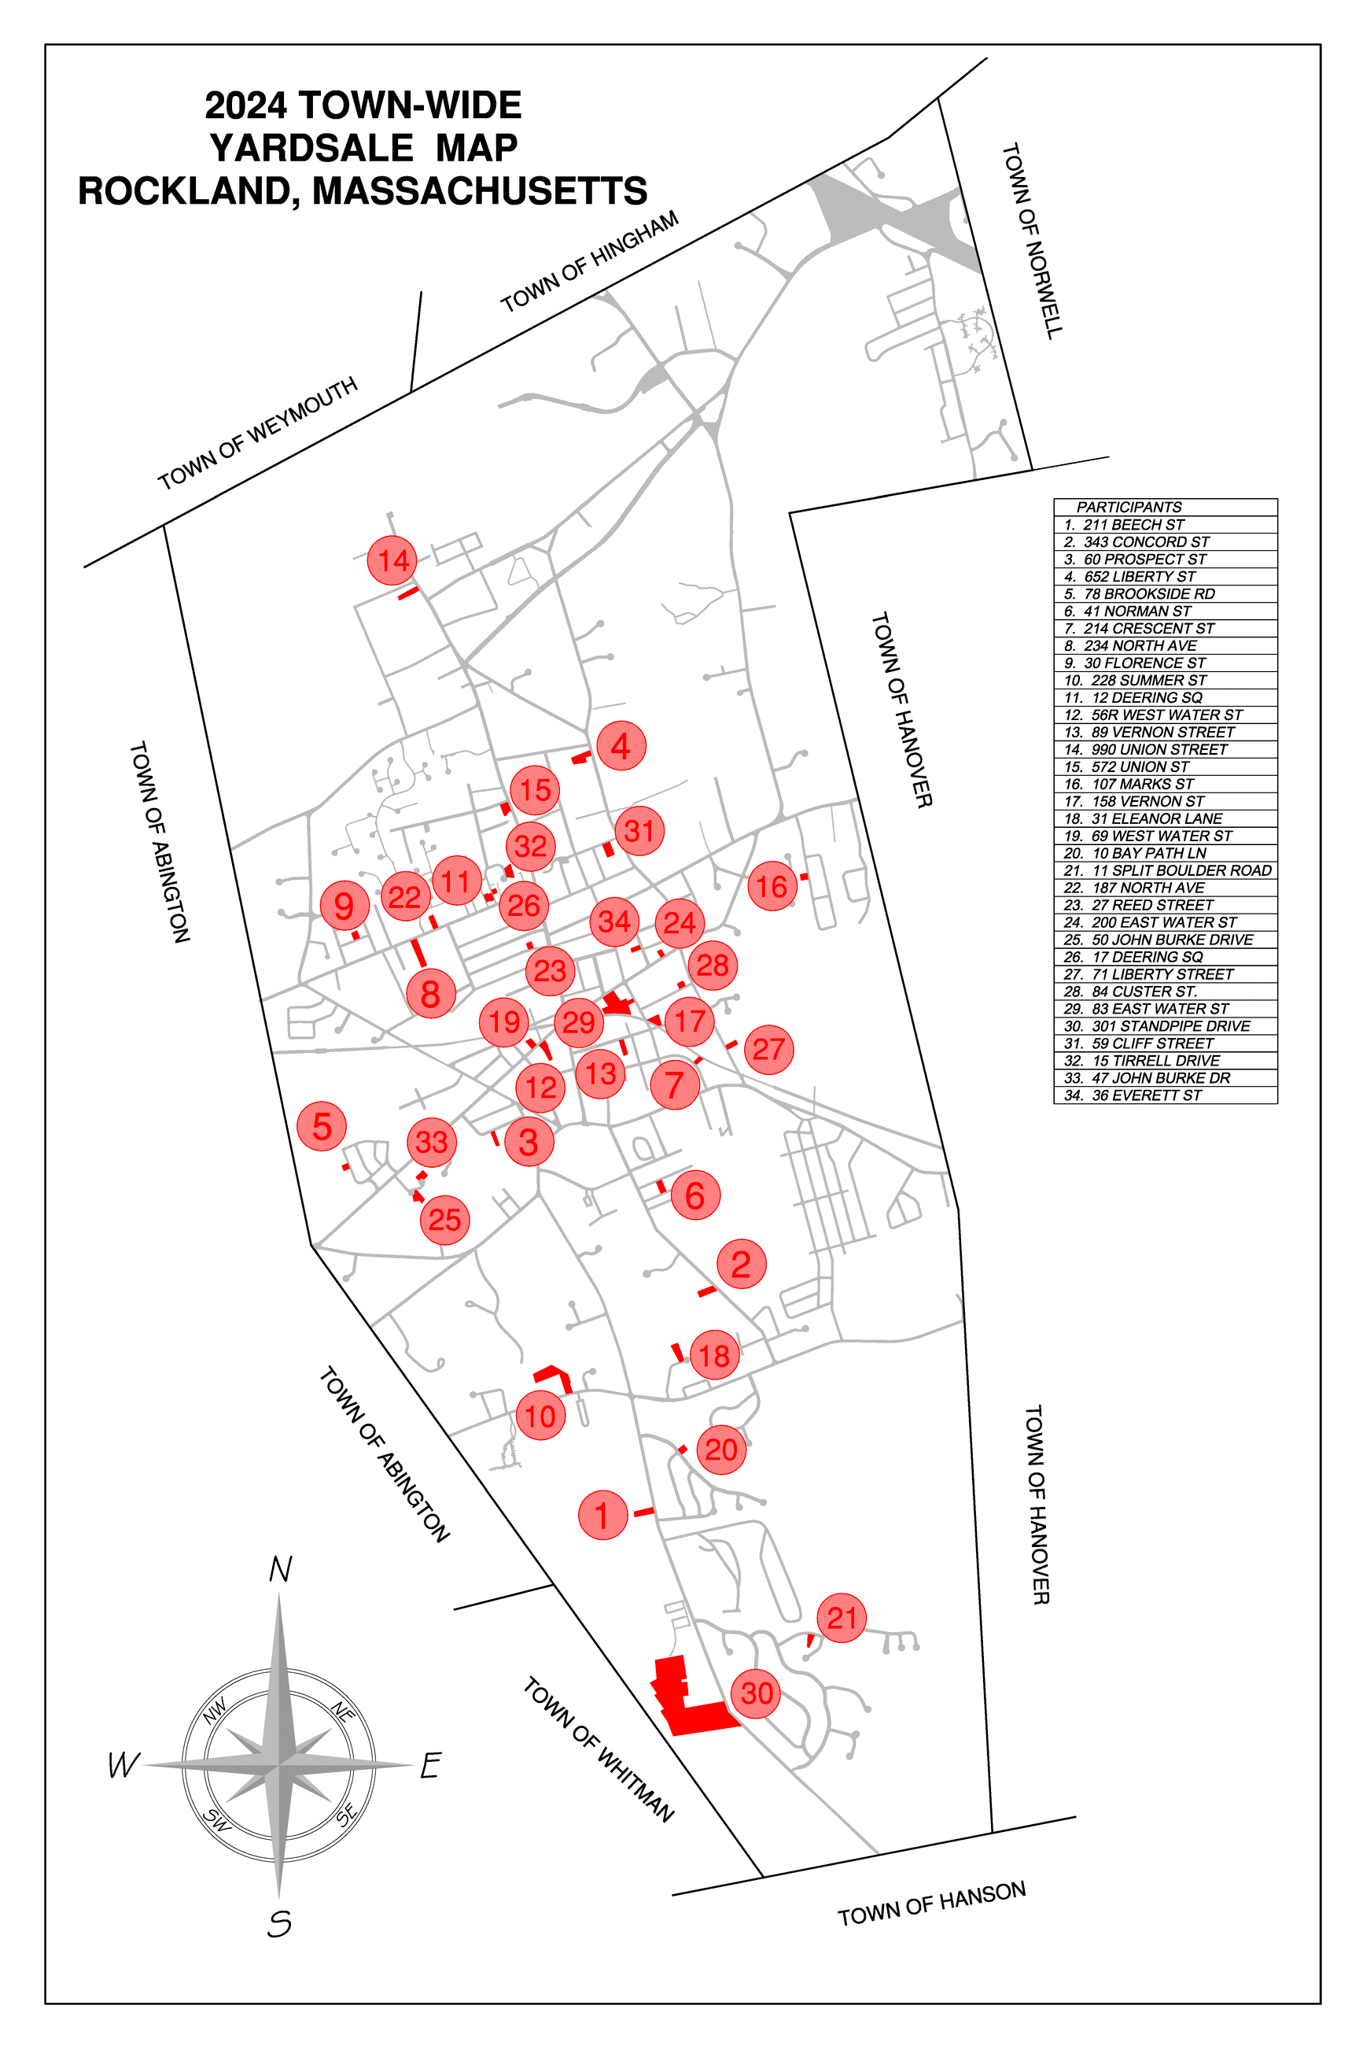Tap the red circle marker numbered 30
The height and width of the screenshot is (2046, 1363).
pos(757,1693)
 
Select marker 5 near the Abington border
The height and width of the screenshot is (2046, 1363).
pos(322,1126)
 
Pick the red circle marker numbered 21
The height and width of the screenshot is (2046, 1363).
pos(842,1617)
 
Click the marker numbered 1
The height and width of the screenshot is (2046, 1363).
pos(602,1515)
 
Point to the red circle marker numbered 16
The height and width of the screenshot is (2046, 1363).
pos(772,886)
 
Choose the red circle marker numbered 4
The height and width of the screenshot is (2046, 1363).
pos(621,745)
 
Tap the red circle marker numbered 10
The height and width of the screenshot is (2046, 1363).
pos(540,1415)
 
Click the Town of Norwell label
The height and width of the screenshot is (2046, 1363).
pos(1032,241)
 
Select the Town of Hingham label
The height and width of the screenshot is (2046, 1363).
pos(589,260)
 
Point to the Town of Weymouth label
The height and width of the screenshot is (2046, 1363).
pos(257,433)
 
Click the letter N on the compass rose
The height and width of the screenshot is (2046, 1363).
pos(280,1569)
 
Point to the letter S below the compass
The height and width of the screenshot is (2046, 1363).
pos(279,1923)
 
